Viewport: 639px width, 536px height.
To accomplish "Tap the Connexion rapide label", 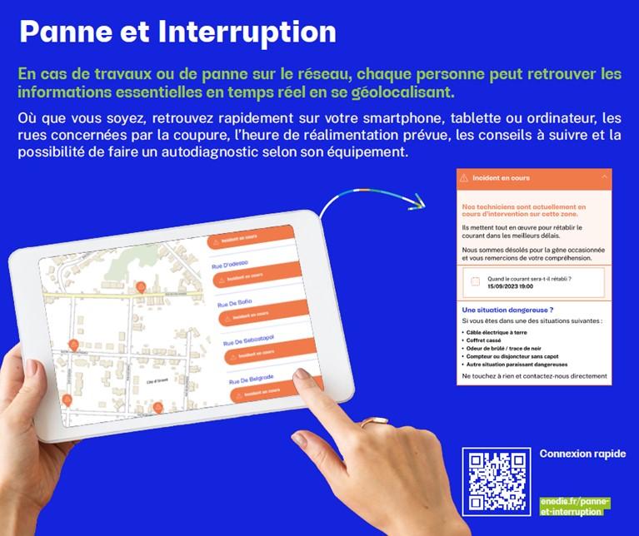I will coord(582,454).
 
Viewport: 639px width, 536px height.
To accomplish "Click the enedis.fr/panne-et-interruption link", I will coord(575,506).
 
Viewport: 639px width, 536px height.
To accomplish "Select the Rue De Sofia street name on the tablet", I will coord(236,304).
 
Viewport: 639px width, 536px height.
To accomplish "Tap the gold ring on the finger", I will coord(367,424).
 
